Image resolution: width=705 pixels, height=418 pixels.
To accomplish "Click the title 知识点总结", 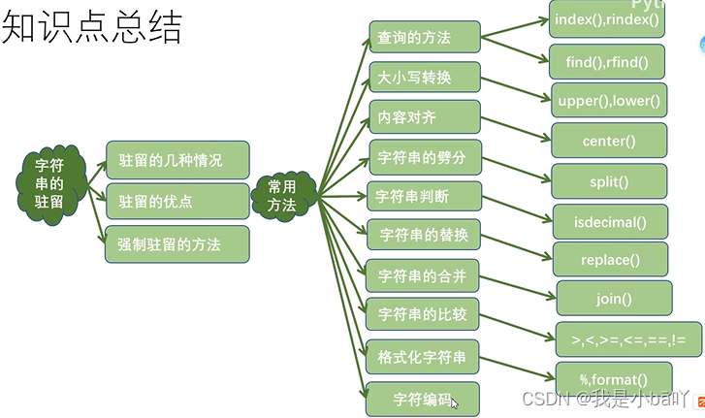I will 92,29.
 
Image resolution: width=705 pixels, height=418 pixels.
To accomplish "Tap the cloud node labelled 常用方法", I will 282,195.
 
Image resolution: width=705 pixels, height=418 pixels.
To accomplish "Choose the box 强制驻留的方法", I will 177,244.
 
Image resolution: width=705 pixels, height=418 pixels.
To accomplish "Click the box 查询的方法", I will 425,38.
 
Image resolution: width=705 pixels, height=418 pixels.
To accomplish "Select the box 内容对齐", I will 425,116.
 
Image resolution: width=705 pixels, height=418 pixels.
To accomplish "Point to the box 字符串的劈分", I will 425,156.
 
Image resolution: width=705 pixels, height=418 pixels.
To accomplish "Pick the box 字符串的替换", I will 424,236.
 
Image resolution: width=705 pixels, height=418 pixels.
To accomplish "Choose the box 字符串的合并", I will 423,276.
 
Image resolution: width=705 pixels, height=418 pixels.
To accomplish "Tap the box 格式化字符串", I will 422,357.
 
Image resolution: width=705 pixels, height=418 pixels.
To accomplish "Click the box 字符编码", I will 422,399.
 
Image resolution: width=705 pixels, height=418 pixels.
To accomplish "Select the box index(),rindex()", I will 606,19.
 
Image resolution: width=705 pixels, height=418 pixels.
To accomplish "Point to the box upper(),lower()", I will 609,100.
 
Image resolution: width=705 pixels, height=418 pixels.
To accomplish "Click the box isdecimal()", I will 609,222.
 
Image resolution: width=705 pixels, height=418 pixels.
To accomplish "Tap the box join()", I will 614,299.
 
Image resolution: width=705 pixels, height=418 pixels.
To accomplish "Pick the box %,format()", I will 613,378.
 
